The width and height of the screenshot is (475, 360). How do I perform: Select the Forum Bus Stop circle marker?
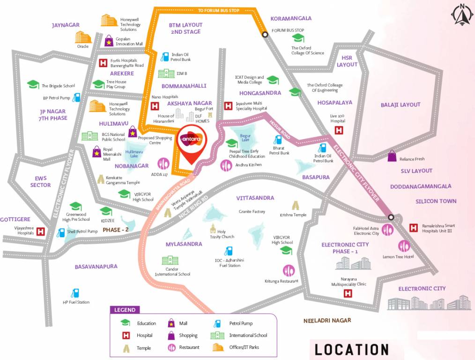265,34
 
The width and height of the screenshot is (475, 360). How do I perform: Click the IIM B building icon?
166,74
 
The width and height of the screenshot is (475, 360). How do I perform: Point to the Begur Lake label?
245,138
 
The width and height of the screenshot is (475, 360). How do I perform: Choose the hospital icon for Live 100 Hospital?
337,131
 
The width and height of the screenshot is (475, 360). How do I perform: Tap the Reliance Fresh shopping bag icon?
392,156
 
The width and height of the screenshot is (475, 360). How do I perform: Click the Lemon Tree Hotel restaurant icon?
404,246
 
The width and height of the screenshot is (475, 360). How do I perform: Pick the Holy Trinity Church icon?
213,229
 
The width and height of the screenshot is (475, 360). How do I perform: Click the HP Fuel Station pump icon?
74,293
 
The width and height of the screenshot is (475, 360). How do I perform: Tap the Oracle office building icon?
83,37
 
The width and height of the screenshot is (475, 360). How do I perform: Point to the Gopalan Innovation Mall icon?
109,41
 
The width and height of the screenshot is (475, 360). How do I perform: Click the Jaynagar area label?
66,25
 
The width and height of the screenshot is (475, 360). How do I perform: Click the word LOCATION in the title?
351,350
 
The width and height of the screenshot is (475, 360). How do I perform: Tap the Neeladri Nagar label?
327,321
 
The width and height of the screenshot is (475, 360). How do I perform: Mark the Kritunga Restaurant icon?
289,270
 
